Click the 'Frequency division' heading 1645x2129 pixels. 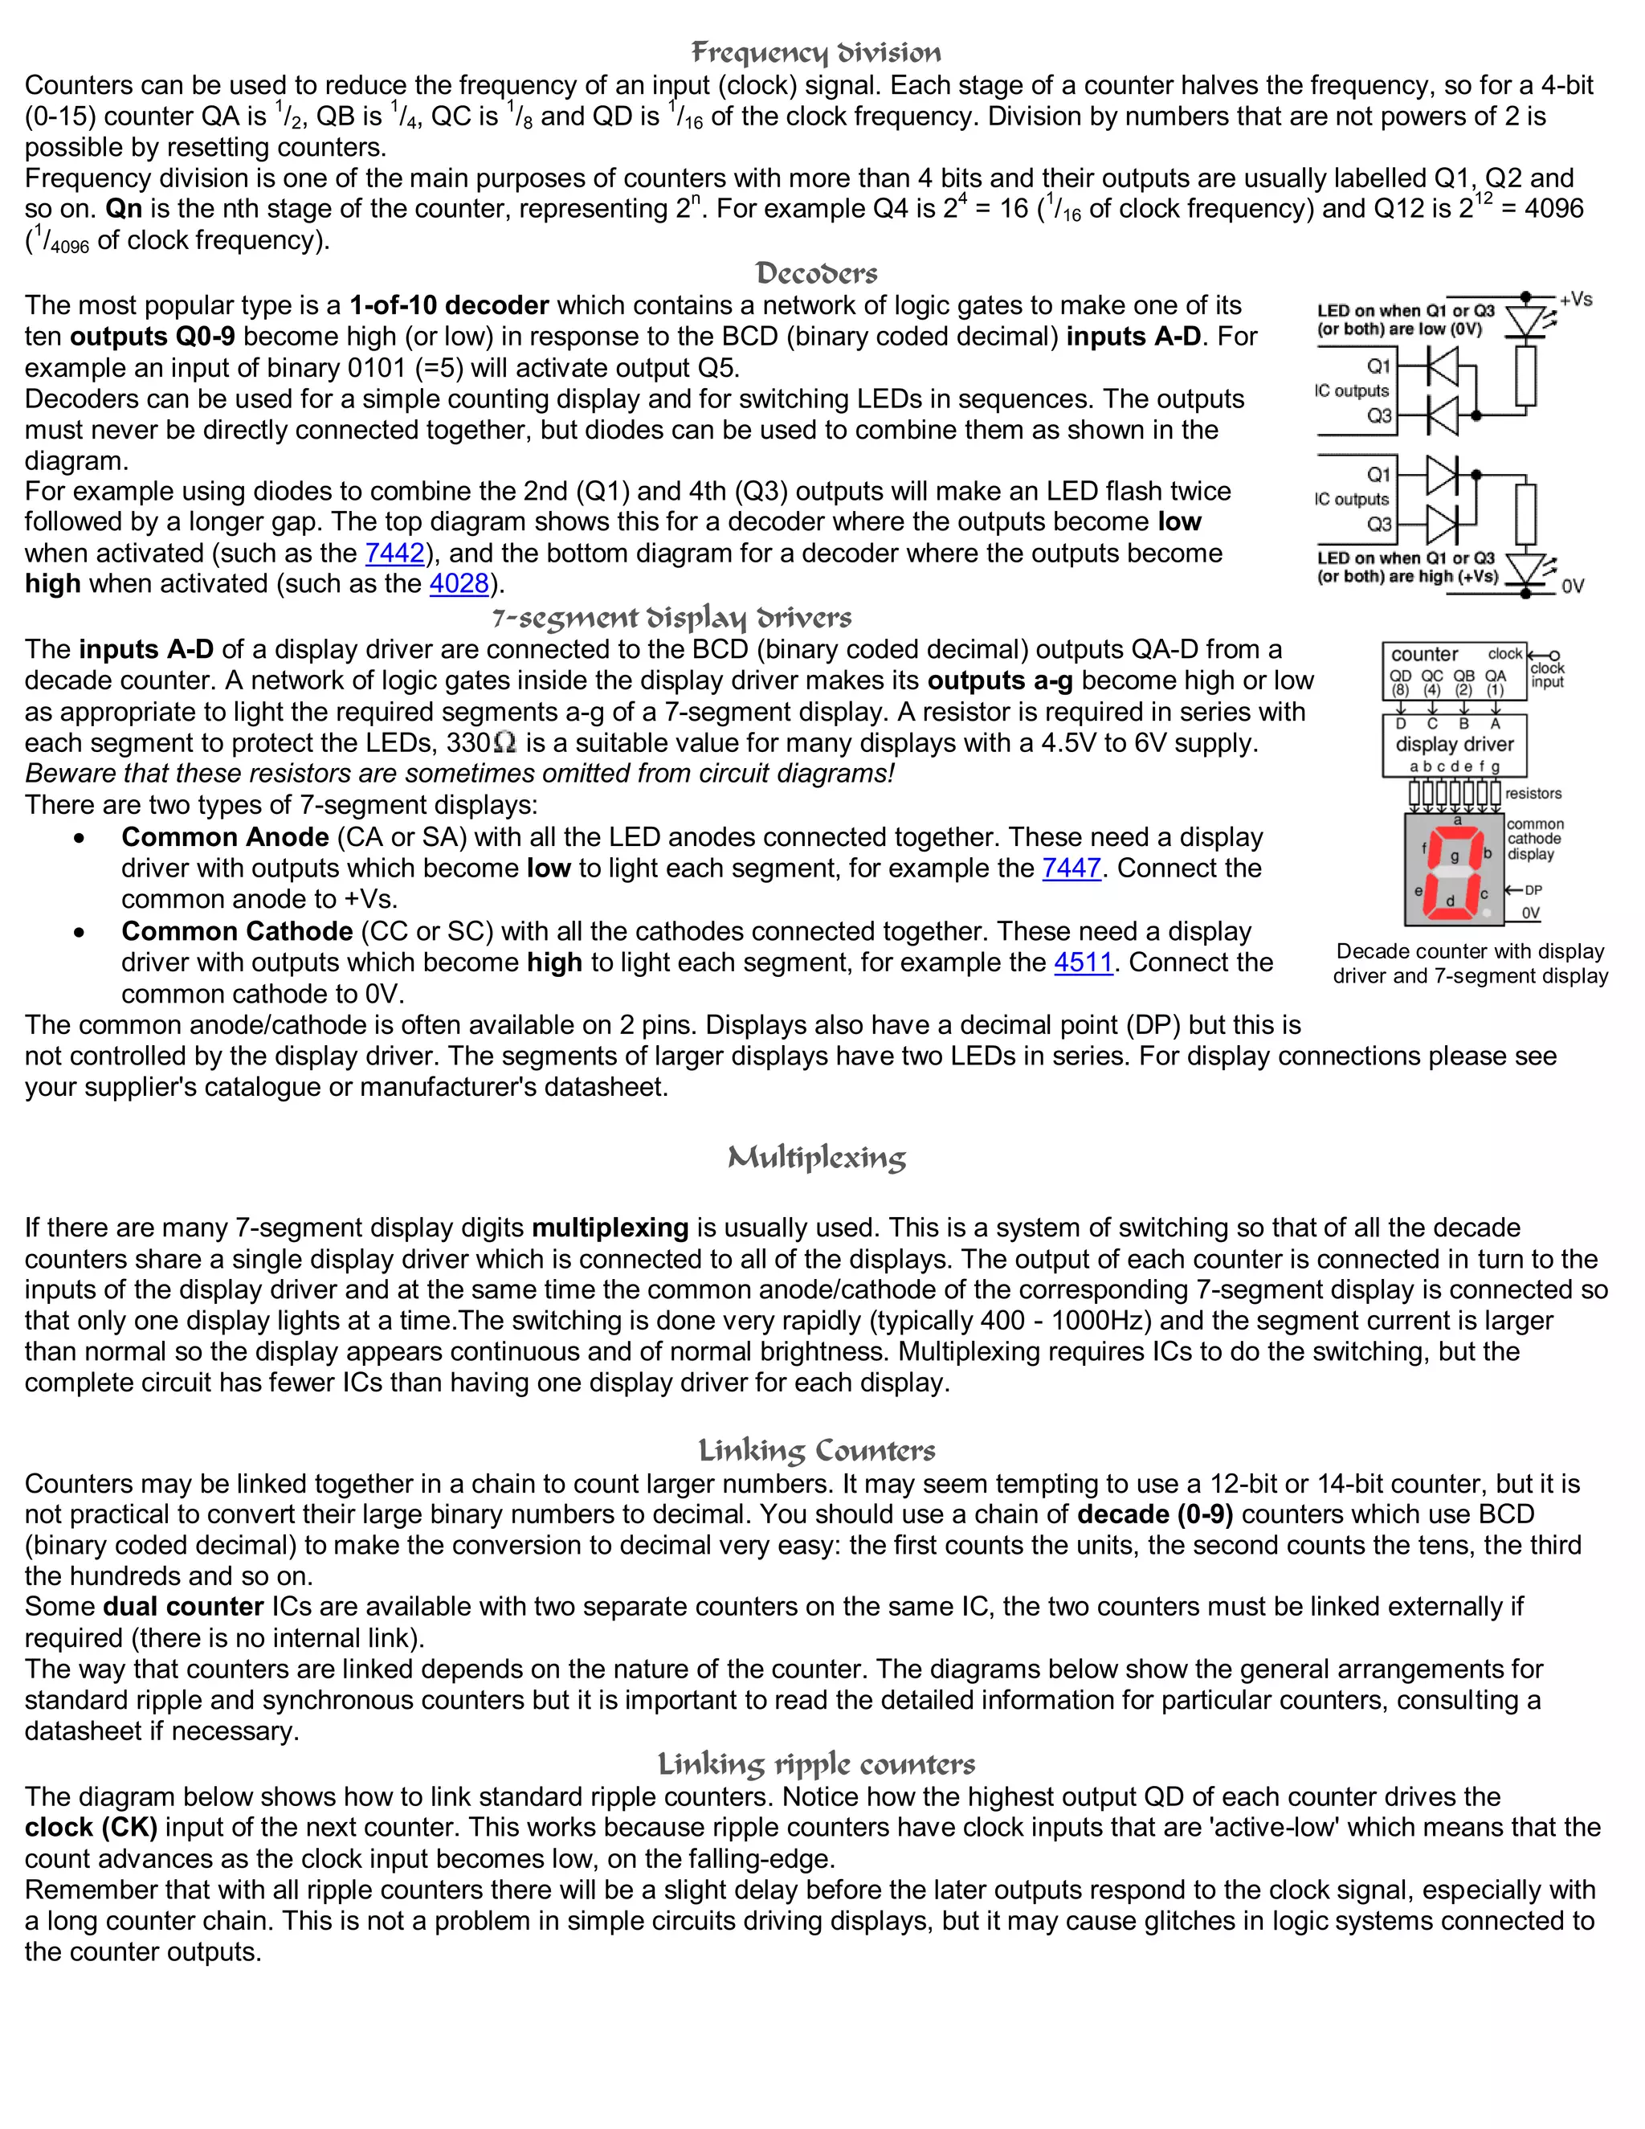click(816, 53)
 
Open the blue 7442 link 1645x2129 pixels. click(394, 553)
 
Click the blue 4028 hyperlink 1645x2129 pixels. click(459, 584)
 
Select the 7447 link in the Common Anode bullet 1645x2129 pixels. click(1071, 868)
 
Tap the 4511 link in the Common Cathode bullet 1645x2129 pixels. click(1083, 962)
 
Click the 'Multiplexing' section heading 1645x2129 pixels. click(817, 1157)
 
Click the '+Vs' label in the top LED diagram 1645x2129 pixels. click(1575, 300)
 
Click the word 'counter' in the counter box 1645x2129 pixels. click(1424, 654)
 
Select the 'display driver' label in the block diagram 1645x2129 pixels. click(1454, 744)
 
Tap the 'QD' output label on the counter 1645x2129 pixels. click(1400, 676)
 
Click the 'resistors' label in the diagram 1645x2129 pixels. click(1533, 794)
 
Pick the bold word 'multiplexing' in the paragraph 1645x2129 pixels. click(610, 1228)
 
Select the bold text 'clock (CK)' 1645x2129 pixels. click(91, 1827)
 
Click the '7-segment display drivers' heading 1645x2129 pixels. click(671, 618)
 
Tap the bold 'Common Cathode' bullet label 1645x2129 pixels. click(237, 931)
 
